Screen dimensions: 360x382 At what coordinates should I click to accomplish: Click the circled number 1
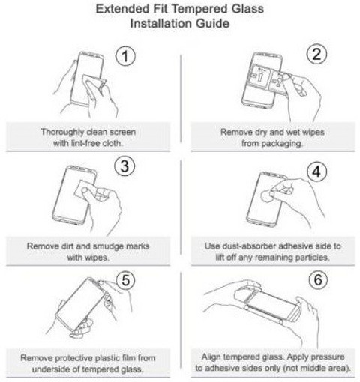125,56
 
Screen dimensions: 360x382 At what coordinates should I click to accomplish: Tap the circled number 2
316,55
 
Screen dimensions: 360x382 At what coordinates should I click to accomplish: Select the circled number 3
124,166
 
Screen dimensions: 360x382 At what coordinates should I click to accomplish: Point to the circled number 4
316,172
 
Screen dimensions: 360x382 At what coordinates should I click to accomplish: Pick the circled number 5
126,280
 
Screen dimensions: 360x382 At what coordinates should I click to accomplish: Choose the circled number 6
318,279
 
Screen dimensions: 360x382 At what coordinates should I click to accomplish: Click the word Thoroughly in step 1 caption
62,132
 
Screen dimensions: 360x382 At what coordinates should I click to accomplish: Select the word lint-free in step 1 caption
81,143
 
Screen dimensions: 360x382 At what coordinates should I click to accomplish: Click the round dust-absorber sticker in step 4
267,195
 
